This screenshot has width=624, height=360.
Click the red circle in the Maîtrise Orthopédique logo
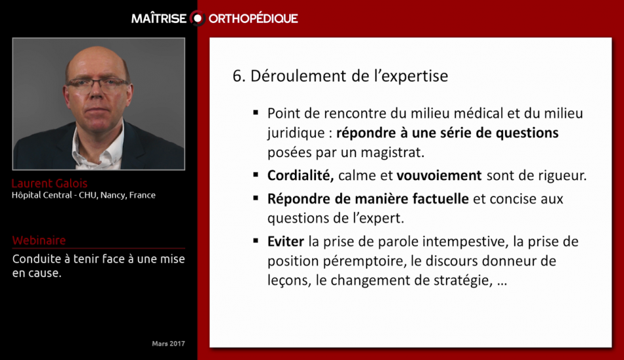pos(198,18)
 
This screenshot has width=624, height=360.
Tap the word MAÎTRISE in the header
pos(159,18)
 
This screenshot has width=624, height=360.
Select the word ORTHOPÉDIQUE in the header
pos(254,18)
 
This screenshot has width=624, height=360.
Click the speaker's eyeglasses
pos(97,83)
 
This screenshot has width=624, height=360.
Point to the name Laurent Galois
pos(49,183)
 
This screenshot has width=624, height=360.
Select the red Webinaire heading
pos(39,240)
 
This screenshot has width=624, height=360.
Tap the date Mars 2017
pos(168,344)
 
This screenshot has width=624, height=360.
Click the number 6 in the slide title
pos(237,76)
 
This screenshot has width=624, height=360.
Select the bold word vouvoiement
pos(440,175)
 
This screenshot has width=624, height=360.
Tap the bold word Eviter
pos(286,241)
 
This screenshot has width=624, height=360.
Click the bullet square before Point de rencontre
pos(255,112)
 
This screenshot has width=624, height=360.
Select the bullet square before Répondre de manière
pos(255,198)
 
